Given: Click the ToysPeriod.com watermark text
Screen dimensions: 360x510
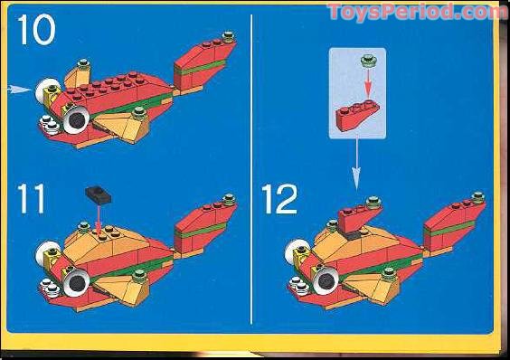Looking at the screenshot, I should [417, 12].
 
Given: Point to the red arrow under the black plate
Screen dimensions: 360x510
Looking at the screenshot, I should [97, 213].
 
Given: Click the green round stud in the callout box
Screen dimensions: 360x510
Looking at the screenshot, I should [367, 62].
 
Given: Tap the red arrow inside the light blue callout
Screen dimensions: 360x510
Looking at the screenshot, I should [367, 86].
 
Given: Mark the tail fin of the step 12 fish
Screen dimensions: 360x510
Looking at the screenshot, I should [457, 223].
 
